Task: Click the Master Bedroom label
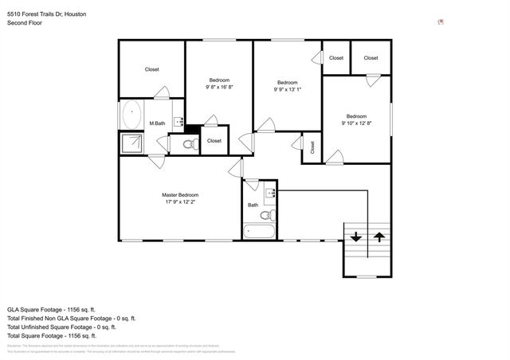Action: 179,195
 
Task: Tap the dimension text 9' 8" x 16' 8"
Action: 219,88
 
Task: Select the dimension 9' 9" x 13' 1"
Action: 288,90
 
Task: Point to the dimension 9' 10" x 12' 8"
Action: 356,123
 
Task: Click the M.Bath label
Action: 157,123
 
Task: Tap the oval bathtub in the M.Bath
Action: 131,115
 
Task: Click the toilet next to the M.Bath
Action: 188,145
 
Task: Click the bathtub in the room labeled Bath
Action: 259,232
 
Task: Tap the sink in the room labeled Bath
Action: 269,192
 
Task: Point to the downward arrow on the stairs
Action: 355,237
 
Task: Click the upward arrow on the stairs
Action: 379,237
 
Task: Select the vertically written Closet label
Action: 312,147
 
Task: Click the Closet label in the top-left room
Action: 151,69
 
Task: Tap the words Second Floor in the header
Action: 25,23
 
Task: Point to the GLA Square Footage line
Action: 51,308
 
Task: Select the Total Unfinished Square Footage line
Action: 61,327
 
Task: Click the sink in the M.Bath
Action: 180,122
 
